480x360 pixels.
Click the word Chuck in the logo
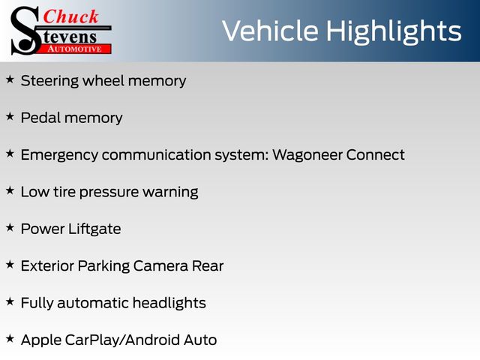click(x=70, y=16)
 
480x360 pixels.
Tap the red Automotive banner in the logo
click(x=75, y=49)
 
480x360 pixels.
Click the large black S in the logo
click(x=25, y=31)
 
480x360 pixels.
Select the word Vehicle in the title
click(x=270, y=31)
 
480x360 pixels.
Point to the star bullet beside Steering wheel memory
click(x=10, y=79)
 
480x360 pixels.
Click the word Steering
click(x=50, y=82)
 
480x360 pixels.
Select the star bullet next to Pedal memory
click(x=10, y=117)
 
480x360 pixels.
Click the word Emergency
click(x=59, y=155)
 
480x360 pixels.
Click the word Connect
click(x=376, y=155)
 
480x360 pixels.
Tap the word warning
click(x=170, y=193)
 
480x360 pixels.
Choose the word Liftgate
click(x=94, y=229)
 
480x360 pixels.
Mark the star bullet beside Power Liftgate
click(x=10, y=228)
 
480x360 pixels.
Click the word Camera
click(x=160, y=266)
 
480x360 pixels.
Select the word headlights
click(x=169, y=303)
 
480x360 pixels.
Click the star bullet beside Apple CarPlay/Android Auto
click(x=10, y=339)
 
